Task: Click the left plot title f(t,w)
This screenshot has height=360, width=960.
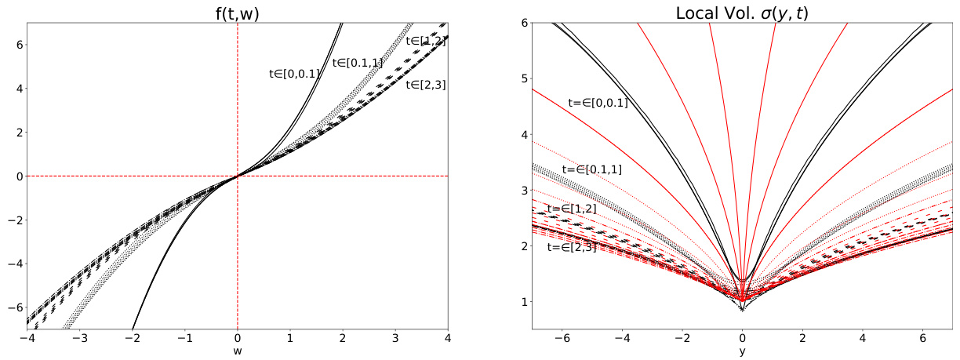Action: click(237, 11)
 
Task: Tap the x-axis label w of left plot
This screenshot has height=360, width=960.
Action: click(237, 351)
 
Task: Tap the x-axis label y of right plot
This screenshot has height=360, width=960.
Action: click(742, 351)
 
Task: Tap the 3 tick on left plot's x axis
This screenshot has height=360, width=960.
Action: click(395, 338)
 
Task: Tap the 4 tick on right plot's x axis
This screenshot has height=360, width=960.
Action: click(862, 338)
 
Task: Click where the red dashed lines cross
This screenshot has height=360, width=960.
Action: click(237, 176)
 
